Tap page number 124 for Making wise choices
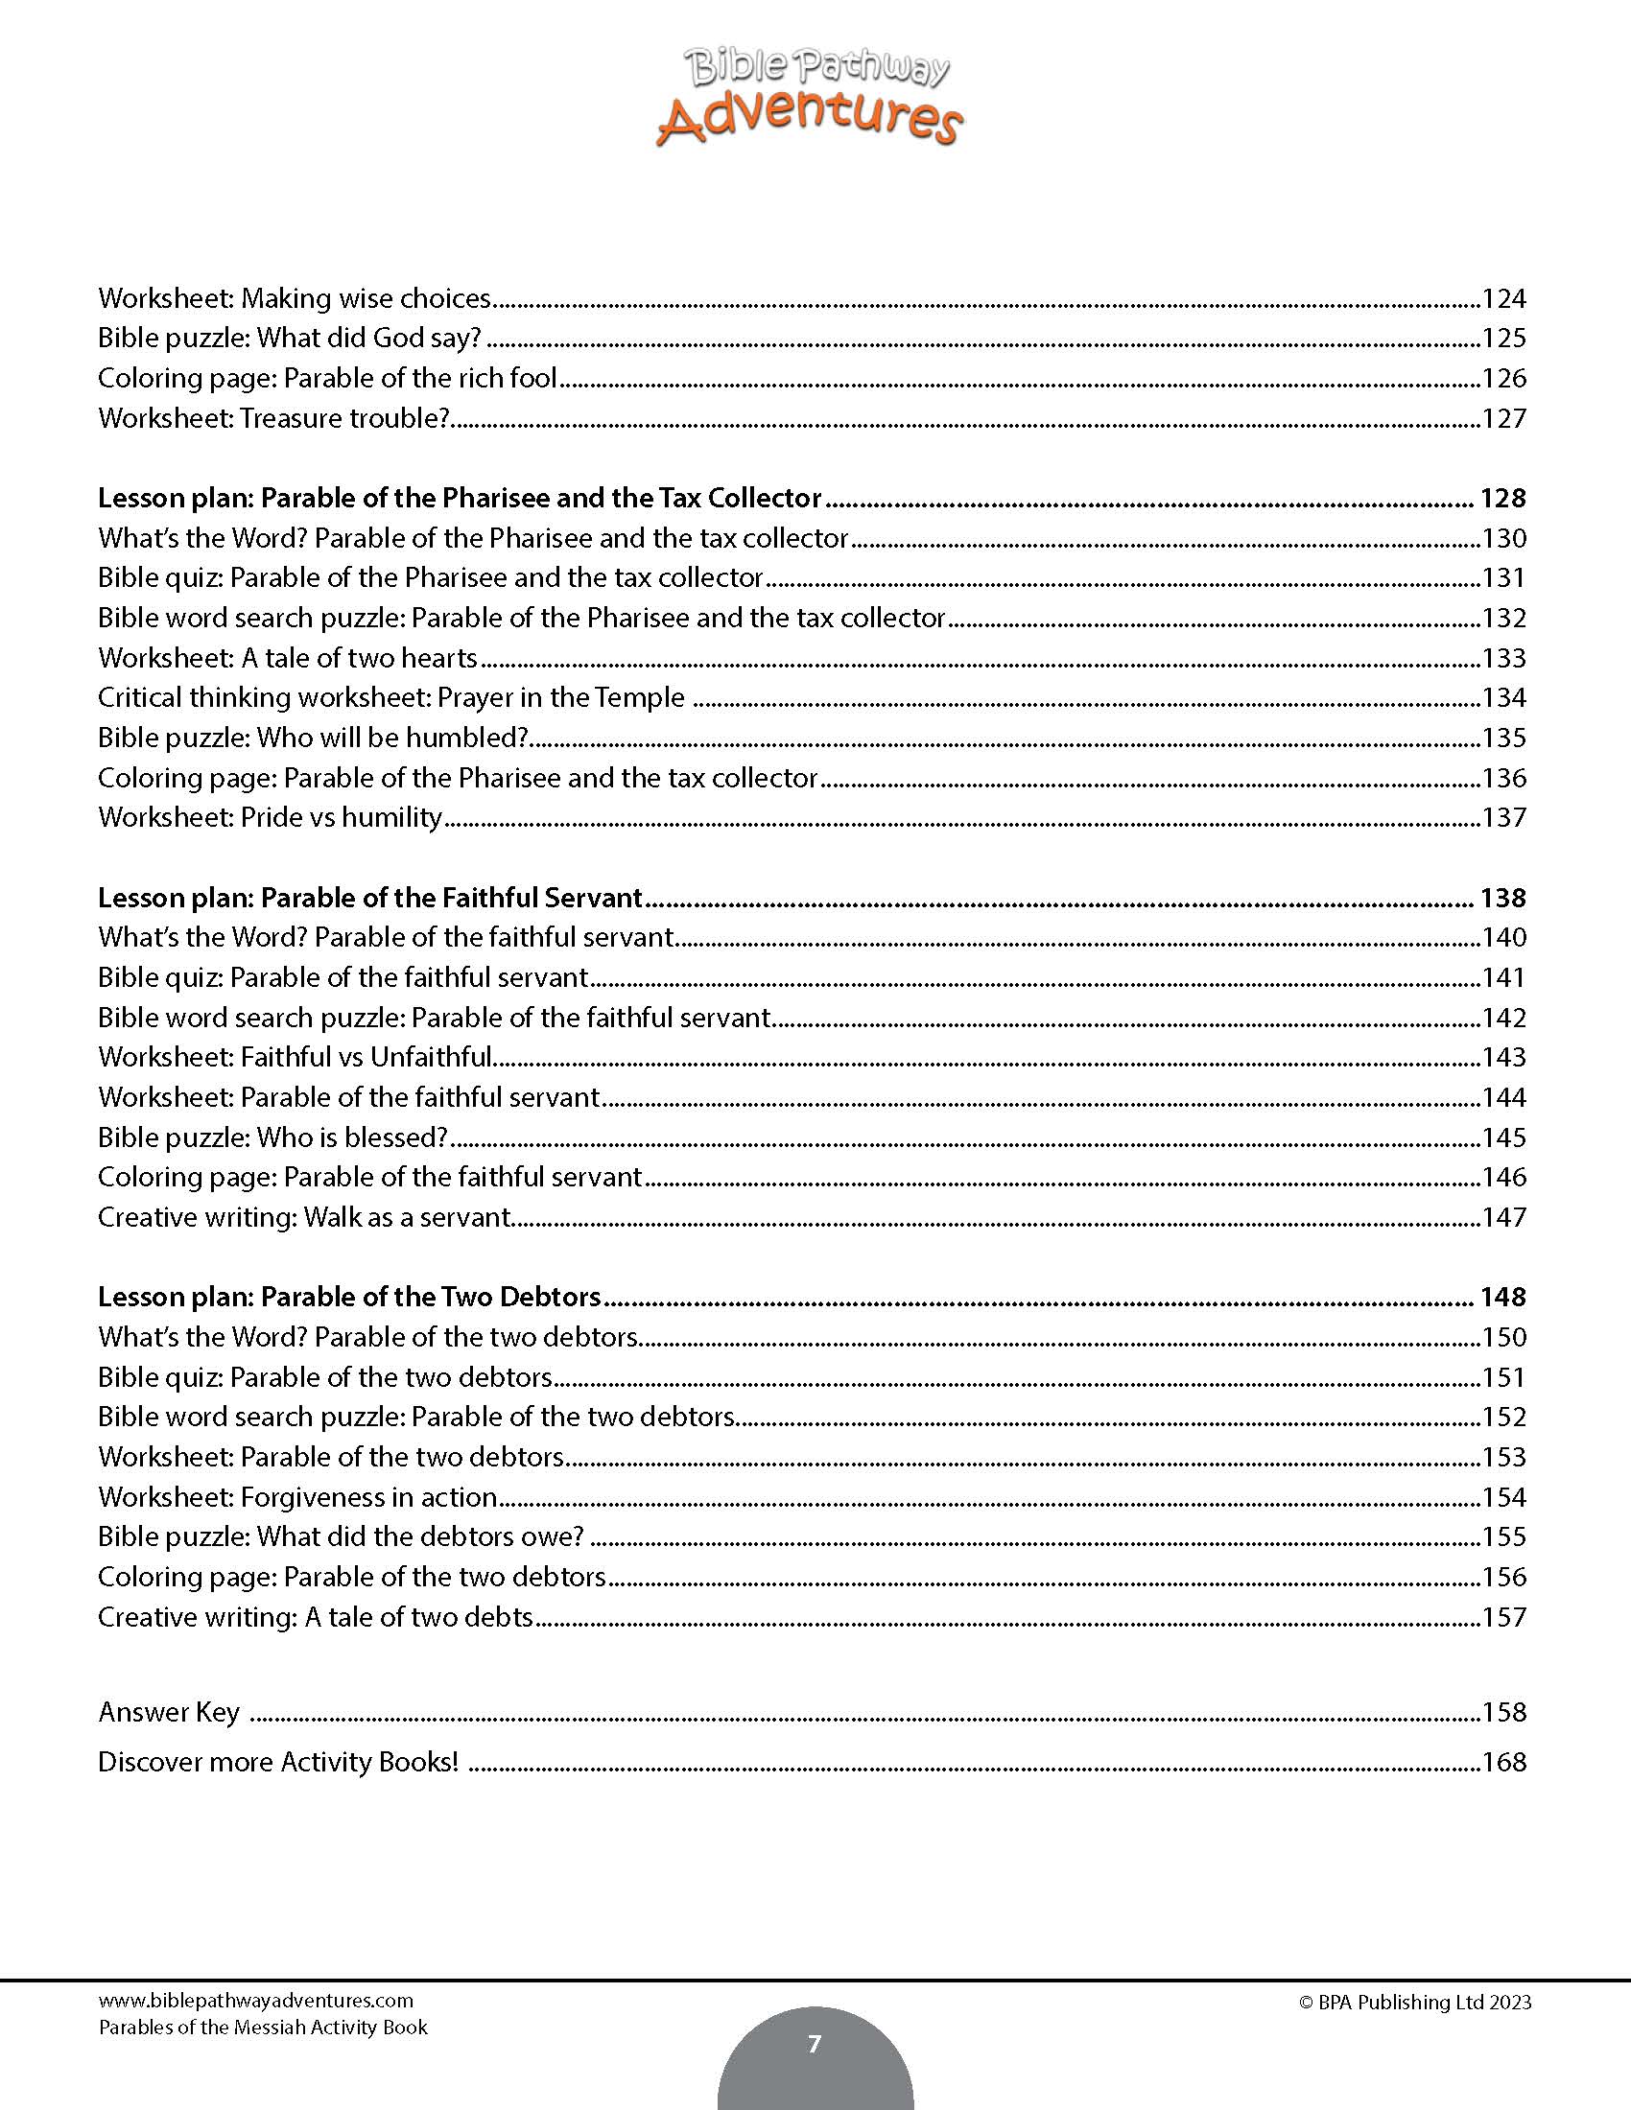pyautogui.click(x=1503, y=298)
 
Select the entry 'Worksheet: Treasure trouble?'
pyautogui.click(x=274, y=418)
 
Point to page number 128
pyautogui.click(x=1502, y=498)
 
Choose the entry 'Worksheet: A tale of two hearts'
pyautogui.click(x=288, y=658)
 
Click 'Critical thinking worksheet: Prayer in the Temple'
pyautogui.click(x=390, y=697)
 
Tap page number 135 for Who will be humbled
pyautogui.click(x=1503, y=738)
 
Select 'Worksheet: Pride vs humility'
pyautogui.click(x=270, y=817)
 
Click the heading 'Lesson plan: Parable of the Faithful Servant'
pyautogui.click(x=370, y=898)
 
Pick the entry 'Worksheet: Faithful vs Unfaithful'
pyautogui.click(x=295, y=1057)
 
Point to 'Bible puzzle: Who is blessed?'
pyautogui.click(x=272, y=1137)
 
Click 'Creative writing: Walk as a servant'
pyautogui.click(x=303, y=1217)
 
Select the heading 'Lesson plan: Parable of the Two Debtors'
pyautogui.click(x=349, y=1297)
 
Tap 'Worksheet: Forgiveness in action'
pyautogui.click(x=297, y=1497)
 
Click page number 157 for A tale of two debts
pyautogui.click(x=1503, y=1617)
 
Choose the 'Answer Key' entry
pyautogui.click(x=169, y=1713)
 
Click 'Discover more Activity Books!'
pyautogui.click(x=278, y=1762)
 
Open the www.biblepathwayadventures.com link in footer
pyautogui.click(x=255, y=2001)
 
